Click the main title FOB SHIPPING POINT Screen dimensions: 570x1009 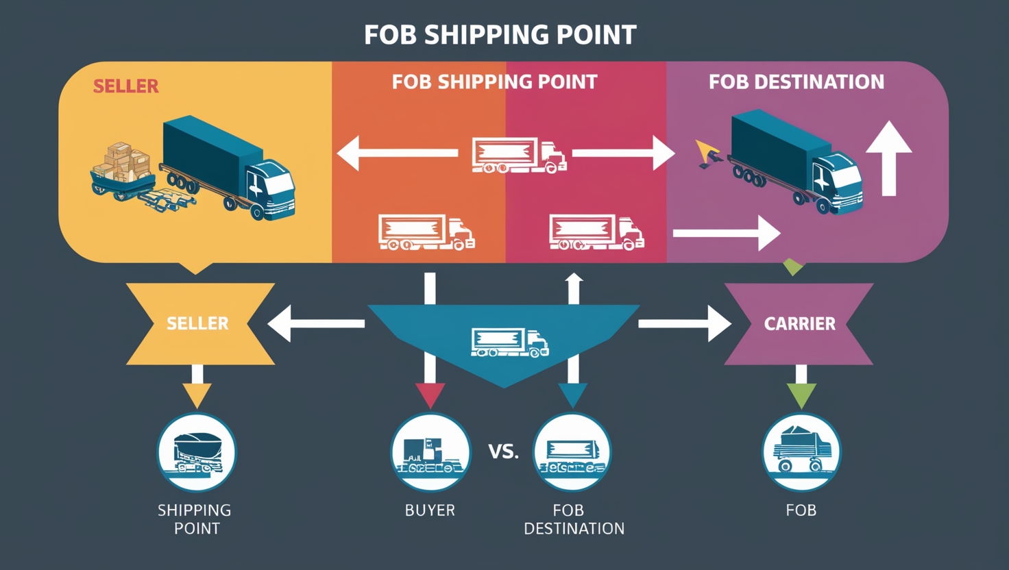point(500,34)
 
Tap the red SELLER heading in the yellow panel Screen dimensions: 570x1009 point(125,86)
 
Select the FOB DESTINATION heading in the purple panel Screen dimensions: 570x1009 point(796,82)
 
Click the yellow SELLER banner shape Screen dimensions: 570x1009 point(198,323)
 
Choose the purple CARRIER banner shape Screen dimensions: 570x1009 point(799,323)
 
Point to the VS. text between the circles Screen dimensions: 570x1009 point(503,451)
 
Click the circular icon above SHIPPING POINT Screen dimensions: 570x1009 point(197,452)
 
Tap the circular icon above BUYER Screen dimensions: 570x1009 point(430,452)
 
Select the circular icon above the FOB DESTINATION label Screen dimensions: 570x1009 point(572,452)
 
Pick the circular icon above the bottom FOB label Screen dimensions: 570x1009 point(801,452)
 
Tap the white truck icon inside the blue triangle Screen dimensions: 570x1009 point(509,343)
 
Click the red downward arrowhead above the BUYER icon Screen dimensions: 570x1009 point(430,395)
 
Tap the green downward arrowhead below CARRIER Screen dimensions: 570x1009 point(801,395)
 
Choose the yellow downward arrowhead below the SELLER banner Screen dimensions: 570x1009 point(197,395)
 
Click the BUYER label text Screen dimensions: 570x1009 point(430,510)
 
